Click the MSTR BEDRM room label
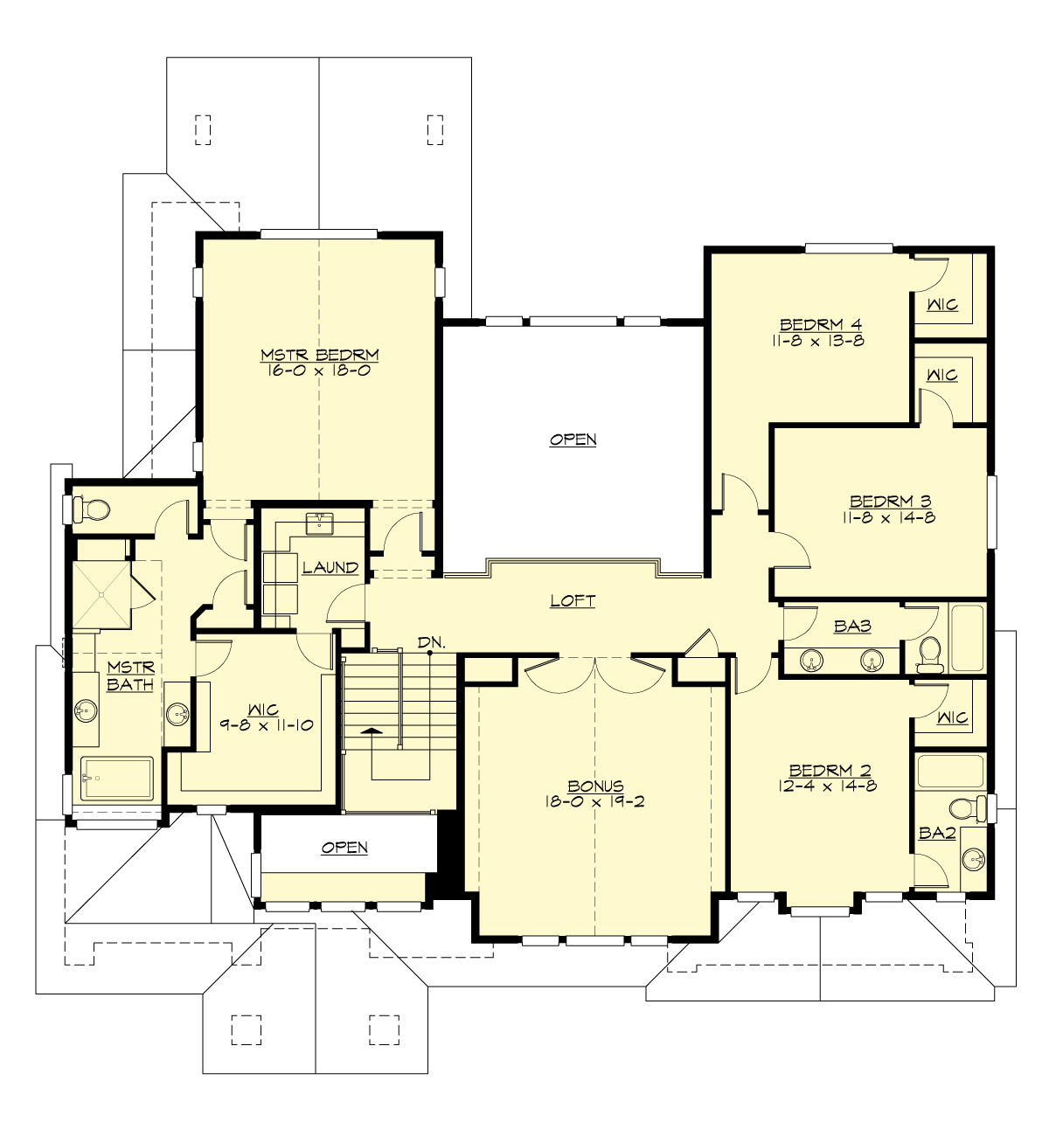click(x=319, y=354)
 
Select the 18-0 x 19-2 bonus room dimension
click(x=594, y=801)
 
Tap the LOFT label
click(x=573, y=601)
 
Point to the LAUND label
click(x=330, y=568)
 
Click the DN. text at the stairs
click(x=431, y=642)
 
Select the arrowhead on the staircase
click(x=372, y=731)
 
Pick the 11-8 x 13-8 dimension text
click(x=812, y=341)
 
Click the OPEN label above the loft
click(x=573, y=440)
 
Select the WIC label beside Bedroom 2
click(x=951, y=717)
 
